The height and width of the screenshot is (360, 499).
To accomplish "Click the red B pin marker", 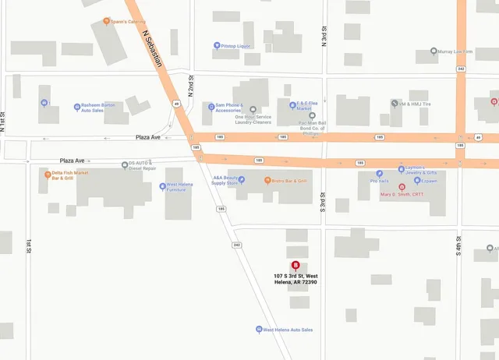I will pyautogui.click(x=295, y=252).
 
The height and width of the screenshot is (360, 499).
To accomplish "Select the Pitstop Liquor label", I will pyautogui.click(x=239, y=46).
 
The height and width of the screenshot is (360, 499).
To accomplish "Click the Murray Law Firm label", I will pyautogui.click(x=458, y=52).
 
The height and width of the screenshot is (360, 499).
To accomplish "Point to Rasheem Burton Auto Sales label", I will pyautogui.click(x=98, y=108).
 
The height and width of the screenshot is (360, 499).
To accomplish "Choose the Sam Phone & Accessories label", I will pyautogui.click(x=228, y=108).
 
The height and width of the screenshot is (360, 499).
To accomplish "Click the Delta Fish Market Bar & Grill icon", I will pyautogui.click(x=47, y=175).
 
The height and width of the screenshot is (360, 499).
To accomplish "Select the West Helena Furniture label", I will pyautogui.click(x=180, y=188).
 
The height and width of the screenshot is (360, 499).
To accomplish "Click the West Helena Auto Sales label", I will pyautogui.click(x=288, y=330).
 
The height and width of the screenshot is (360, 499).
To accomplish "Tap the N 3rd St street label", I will pyautogui.click(x=323, y=37).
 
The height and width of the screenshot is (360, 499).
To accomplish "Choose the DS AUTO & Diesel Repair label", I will pyautogui.click(x=143, y=166).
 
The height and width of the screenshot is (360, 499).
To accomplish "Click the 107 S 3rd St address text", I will pyautogui.click(x=296, y=279).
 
